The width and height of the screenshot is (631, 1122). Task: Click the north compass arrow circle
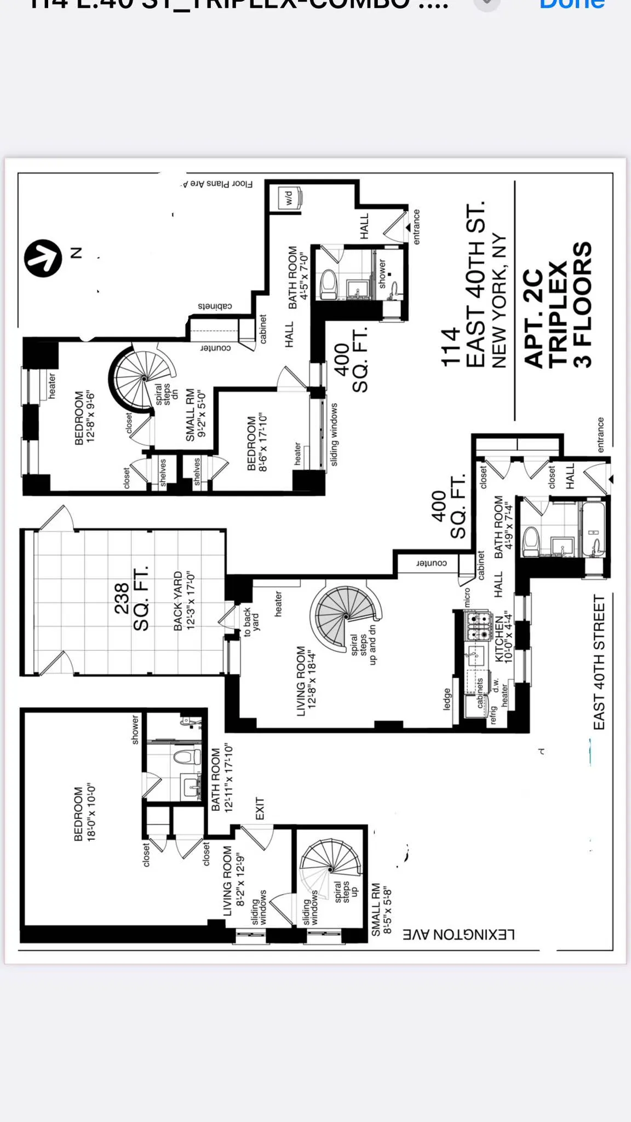(43, 258)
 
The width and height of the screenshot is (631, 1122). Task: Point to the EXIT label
(260, 809)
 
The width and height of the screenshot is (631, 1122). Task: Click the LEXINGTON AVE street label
(458, 934)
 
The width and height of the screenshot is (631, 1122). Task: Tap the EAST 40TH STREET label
(599, 662)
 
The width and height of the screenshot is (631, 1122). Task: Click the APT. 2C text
(534, 318)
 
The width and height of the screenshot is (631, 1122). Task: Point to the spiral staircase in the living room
(346, 616)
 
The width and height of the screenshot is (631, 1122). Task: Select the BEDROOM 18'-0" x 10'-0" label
(84, 814)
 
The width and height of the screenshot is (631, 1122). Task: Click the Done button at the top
(572, 4)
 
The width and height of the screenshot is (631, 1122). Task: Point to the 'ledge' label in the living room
(447, 699)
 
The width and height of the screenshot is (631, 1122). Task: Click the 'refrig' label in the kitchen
(493, 715)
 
